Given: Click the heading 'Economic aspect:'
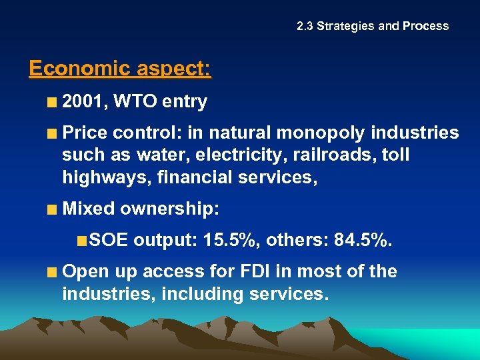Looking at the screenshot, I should point(120,69).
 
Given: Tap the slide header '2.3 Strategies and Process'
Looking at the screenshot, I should point(373,26).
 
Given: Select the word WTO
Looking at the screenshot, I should point(135,102).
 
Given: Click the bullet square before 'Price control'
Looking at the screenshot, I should point(52,133).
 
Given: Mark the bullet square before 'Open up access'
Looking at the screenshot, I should point(52,272).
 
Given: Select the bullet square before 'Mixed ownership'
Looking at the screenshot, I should point(52,209).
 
